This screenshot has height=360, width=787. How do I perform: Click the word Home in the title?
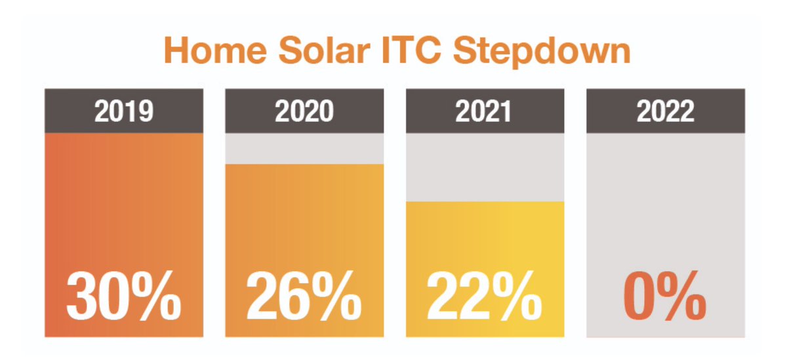tap(215, 50)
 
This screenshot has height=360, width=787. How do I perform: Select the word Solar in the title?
tap(324, 50)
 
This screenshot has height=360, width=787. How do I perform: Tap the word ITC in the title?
tap(411, 50)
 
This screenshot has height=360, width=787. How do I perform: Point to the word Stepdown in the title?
tap(542, 52)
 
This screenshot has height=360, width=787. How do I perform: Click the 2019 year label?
tap(124, 111)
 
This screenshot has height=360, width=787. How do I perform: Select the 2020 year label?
tap(304, 111)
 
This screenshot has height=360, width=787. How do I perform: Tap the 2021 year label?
tap(483, 111)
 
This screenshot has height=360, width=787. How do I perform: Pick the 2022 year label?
tap(666, 111)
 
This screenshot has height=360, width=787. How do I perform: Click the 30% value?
tap(124, 295)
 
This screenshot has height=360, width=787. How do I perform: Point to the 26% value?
tap(304, 295)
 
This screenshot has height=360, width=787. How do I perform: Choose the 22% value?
tap(485, 295)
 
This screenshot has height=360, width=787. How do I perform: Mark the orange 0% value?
tap(665, 295)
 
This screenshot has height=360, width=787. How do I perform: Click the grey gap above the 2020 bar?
tap(304, 149)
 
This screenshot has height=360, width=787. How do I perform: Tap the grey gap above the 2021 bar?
tap(485, 167)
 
